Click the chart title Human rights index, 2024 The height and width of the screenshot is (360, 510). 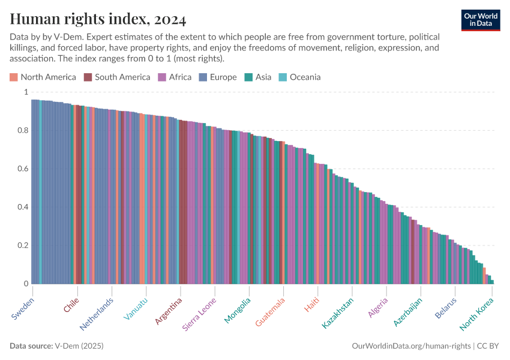coord(98,20)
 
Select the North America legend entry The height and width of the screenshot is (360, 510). coord(43,77)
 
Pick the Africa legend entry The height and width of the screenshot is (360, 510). coord(175,77)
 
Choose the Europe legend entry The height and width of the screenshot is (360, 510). coord(218,77)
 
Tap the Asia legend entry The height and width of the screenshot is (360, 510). coord(258,77)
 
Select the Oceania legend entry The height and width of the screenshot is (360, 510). coord(299,77)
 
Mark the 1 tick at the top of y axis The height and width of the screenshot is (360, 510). coord(25,92)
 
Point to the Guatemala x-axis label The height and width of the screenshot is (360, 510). coord(270,312)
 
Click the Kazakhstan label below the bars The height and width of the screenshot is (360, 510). coord(338,313)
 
